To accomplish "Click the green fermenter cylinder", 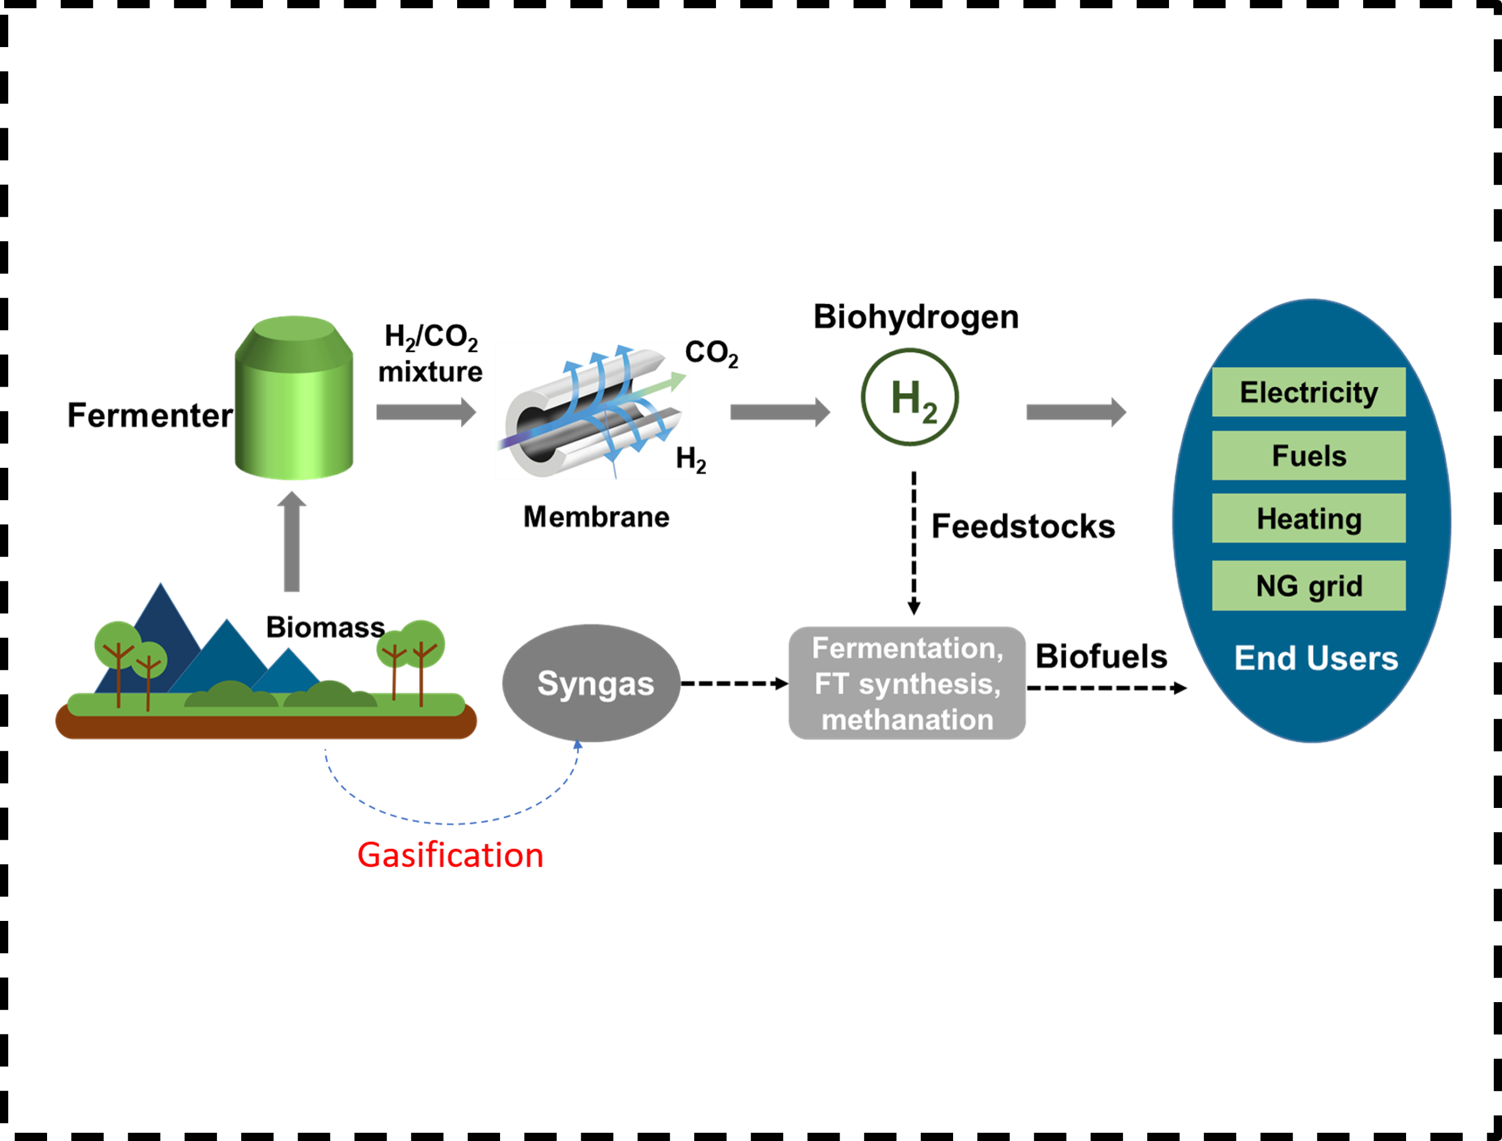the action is [x=294, y=398].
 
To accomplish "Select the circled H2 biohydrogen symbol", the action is [x=910, y=397].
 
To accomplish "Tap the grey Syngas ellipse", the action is [x=591, y=683].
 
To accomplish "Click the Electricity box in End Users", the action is [x=1308, y=392].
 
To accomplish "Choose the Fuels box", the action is [x=1308, y=455].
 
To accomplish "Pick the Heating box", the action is [x=1308, y=518].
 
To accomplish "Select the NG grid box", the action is [x=1308, y=586].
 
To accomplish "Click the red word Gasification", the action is [x=450, y=855].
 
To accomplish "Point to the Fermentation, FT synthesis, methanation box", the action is [x=907, y=683].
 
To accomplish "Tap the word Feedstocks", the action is [x=1023, y=526].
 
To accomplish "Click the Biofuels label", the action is [x=1101, y=657].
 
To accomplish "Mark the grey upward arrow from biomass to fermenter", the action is [x=292, y=541].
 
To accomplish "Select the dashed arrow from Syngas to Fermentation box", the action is [x=735, y=683].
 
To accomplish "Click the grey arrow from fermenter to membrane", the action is [x=427, y=413].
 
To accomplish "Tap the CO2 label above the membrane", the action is [x=711, y=353].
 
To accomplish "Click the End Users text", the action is [x=1316, y=658].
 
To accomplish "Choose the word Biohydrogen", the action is [x=916, y=317].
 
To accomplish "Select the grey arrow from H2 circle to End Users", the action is [x=1076, y=413].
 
